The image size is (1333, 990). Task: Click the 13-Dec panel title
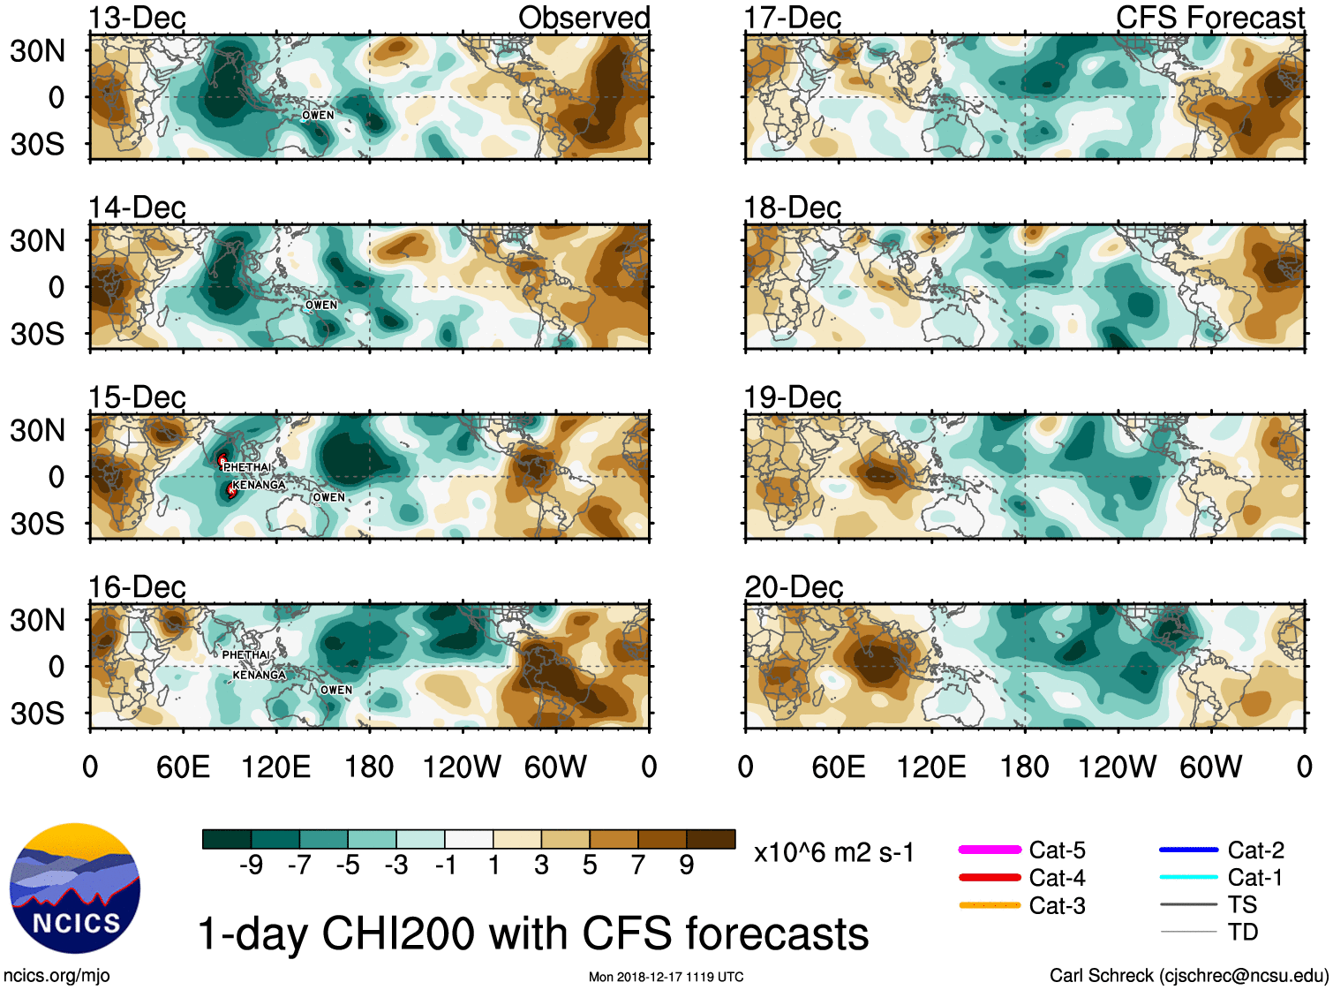(x=137, y=18)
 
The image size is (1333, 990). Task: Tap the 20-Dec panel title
(x=794, y=587)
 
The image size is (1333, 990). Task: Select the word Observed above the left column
(x=584, y=18)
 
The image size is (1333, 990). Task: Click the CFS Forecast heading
(x=1209, y=18)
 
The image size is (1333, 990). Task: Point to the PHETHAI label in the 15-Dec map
(x=247, y=467)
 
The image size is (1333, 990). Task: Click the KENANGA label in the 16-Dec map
(x=259, y=676)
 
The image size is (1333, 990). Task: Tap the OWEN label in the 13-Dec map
(x=318, y=116)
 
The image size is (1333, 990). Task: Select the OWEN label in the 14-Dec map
(x=321, y=306)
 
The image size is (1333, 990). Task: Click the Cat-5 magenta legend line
(x=990, y=850)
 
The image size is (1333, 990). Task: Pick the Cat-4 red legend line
(x=990, y=878)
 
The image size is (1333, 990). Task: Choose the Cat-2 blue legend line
(x=1188, y=850)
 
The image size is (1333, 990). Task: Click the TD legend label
(x=1243, y=932)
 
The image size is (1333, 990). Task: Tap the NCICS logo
(x=75, y=888)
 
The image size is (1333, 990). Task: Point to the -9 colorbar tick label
(x=251, y=865)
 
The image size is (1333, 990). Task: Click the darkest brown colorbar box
(x=711, y=839)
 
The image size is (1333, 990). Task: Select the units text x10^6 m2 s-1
(x=833, y=853)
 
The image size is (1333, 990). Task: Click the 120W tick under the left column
(x=462, y=767)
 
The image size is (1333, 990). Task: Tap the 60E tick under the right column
(x=839, y=767)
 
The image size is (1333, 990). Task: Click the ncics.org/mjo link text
(x=56, y=976)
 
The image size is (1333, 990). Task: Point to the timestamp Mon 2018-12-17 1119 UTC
(x=666, y=977)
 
